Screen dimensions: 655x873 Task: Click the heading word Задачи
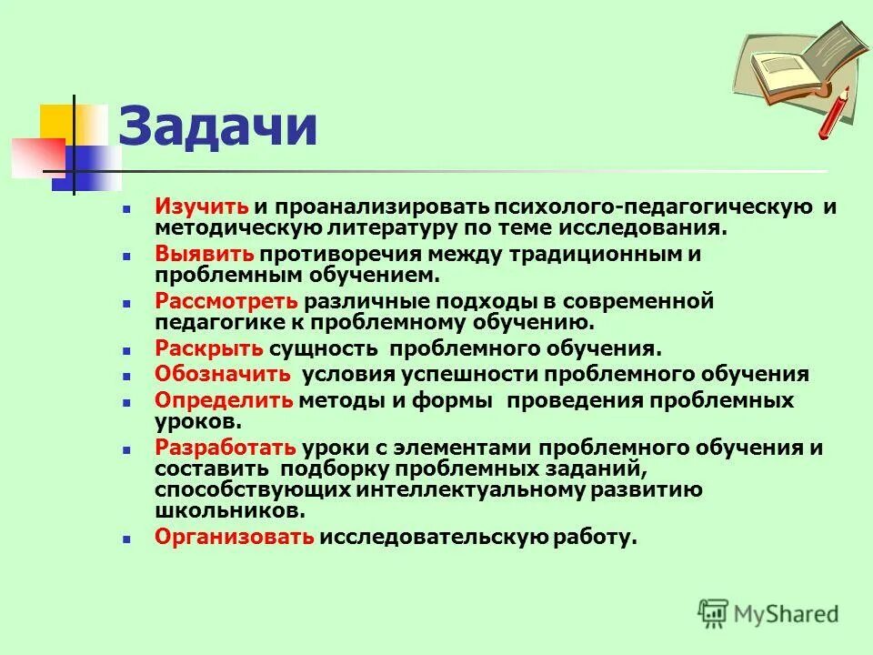(x=219, y=127)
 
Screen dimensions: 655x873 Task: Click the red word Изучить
(x=201, y=207)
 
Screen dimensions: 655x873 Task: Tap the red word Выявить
(x=204, y=254)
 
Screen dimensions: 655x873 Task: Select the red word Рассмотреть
(x=226, y=301)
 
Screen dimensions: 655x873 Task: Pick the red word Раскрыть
(x=209, y=348)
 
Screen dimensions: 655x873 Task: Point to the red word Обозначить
(x=223, y=374)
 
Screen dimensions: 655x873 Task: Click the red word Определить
(x=224, y=400)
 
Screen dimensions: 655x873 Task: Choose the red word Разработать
(x=226, y=448)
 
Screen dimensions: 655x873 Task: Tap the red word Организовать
(x=235, y=537)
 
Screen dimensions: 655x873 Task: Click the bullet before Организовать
(x=128, y=539)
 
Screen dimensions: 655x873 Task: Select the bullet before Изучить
(x=128, y=208)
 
